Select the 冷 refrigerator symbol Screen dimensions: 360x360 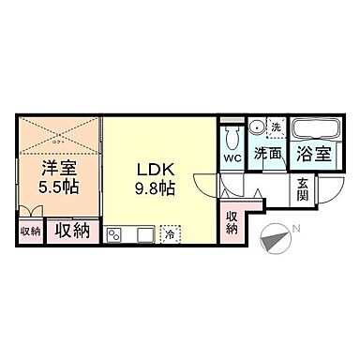(x=170, y=232)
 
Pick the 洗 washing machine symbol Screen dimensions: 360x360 (x=277, y=126)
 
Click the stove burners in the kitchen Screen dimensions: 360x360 (x=116, y=232)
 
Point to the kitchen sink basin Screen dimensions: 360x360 (x=142, y=232)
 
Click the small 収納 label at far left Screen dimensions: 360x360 (x=30, y=231)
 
